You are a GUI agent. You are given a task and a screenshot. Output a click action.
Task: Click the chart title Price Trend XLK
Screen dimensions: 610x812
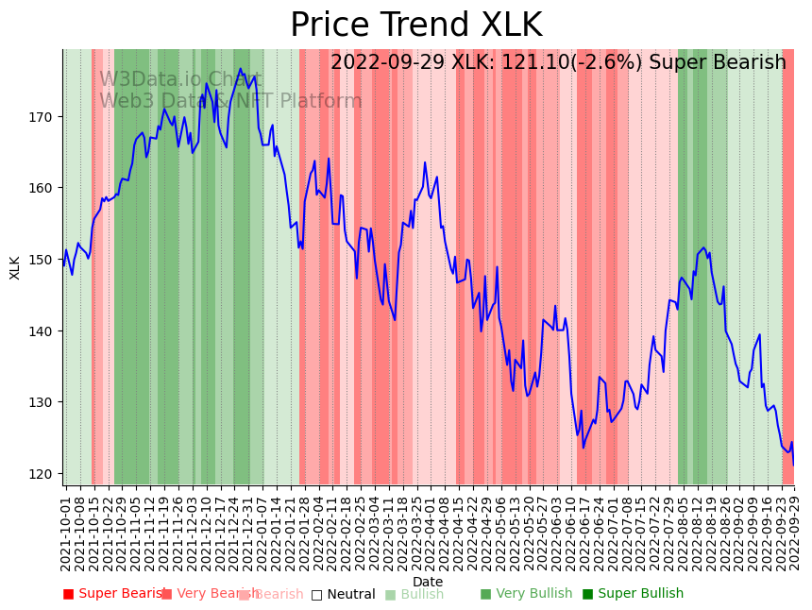click(x=415, y=25)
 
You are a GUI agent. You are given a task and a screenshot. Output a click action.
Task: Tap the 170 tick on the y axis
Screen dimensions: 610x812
click(x=45, y=117)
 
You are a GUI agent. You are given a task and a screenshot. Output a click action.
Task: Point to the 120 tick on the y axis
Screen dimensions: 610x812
click(x=45, y=473)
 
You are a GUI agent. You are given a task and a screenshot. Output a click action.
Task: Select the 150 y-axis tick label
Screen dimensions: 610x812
click(x=45, y=260)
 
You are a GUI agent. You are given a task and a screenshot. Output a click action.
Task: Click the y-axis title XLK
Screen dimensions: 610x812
click(x=15, y=267)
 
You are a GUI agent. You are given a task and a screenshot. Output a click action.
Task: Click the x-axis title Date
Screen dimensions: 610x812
click(x=428, y=582)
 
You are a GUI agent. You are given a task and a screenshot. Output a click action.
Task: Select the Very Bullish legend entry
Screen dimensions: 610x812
click(x=526, y=594)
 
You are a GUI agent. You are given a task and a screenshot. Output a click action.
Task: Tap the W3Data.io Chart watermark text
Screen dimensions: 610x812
click(x=181, y=80)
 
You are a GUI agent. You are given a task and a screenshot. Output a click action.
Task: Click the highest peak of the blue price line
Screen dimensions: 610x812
click(x=241, y=68)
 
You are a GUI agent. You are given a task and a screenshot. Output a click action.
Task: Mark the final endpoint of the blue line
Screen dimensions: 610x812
click(x=793, y=465)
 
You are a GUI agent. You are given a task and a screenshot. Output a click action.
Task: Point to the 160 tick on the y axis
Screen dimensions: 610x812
click(x=45, y=188)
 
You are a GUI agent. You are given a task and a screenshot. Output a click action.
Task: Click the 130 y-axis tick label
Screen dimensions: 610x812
click(x=45, y=402)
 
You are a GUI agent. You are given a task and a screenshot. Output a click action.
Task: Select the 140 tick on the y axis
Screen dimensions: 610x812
click(x=45, y=330)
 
